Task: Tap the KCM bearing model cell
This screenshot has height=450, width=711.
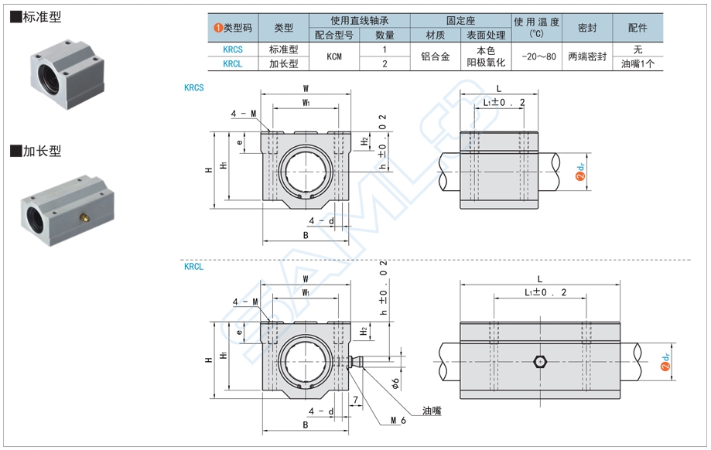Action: click(333, 56)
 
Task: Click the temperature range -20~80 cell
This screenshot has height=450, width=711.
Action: click(538, 56)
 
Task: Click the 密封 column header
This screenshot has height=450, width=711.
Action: click(587, 27)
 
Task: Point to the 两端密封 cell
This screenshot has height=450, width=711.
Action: click(587, 56)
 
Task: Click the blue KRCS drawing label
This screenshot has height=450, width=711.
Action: click(193, 87)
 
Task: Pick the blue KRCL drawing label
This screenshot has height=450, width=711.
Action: click(193, 267)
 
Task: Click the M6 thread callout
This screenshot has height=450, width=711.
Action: click(398, 421)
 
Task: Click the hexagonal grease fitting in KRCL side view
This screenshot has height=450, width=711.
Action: click(540, 361)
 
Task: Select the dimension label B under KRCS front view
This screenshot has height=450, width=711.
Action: click(306, 234)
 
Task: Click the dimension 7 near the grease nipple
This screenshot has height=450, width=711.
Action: click(355, 400)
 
